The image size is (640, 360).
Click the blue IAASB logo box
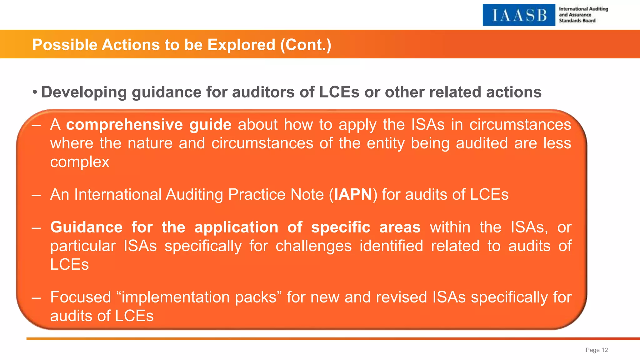[x=519, y=15]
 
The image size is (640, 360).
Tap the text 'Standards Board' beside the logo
[x=577, y=21]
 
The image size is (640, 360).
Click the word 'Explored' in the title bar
[x=241, y=45]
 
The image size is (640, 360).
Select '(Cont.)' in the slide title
[x=306, y=45]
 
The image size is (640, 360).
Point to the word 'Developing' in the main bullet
[x=84, y=92]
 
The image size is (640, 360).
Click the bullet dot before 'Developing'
[x=35, y=92]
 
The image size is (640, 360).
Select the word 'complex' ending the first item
[x=80, y=162]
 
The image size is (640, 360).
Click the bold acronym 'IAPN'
[x=353, y=195]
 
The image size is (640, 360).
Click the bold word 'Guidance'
[x=87, y=227]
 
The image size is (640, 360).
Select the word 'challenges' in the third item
[x=313, y=246]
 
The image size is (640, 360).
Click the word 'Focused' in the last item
[x=81, y=297]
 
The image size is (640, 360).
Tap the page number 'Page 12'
[x=597, y=350]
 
